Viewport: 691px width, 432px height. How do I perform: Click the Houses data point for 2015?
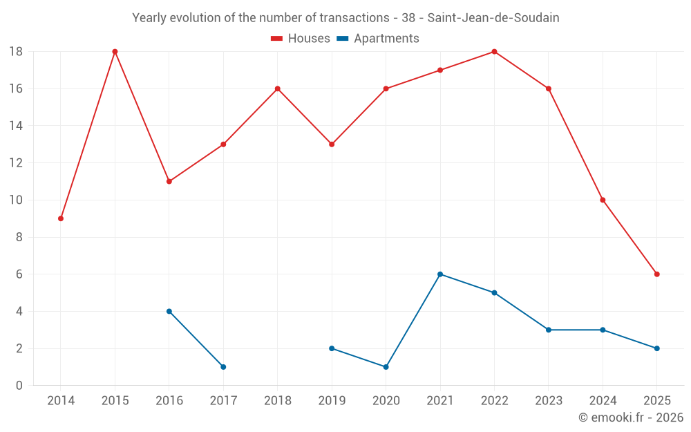coord(115,52)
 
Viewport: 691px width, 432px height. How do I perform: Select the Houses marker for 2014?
coord(61,218)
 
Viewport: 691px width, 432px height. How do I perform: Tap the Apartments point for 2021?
coord(440,274)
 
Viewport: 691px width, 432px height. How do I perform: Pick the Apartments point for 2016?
coord(169,311)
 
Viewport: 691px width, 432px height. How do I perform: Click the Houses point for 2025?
coord(656,274)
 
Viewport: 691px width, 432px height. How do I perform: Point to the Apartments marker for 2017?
coord(223,367)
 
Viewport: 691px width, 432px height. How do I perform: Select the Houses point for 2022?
coord(494,52)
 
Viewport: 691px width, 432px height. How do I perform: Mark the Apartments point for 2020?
coord(386,367)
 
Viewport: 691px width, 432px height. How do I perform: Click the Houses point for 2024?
coord(603,200)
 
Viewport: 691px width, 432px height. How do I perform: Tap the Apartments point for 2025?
coord(656,348)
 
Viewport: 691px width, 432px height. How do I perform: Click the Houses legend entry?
coord(300,39)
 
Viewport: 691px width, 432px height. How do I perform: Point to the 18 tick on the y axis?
coord(16,52)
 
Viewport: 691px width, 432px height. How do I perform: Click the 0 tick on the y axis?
coord(19,386)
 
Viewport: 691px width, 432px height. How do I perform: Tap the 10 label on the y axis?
coord(16,200)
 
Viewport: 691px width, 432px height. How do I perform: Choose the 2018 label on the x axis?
coord(277,401)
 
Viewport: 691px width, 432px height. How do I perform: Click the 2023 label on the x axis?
coord(548,401)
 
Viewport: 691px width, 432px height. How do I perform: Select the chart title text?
coord(345,18)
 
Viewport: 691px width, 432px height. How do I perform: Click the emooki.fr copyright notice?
coord(630,417)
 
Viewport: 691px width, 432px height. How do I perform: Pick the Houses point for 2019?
coord(332,144)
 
